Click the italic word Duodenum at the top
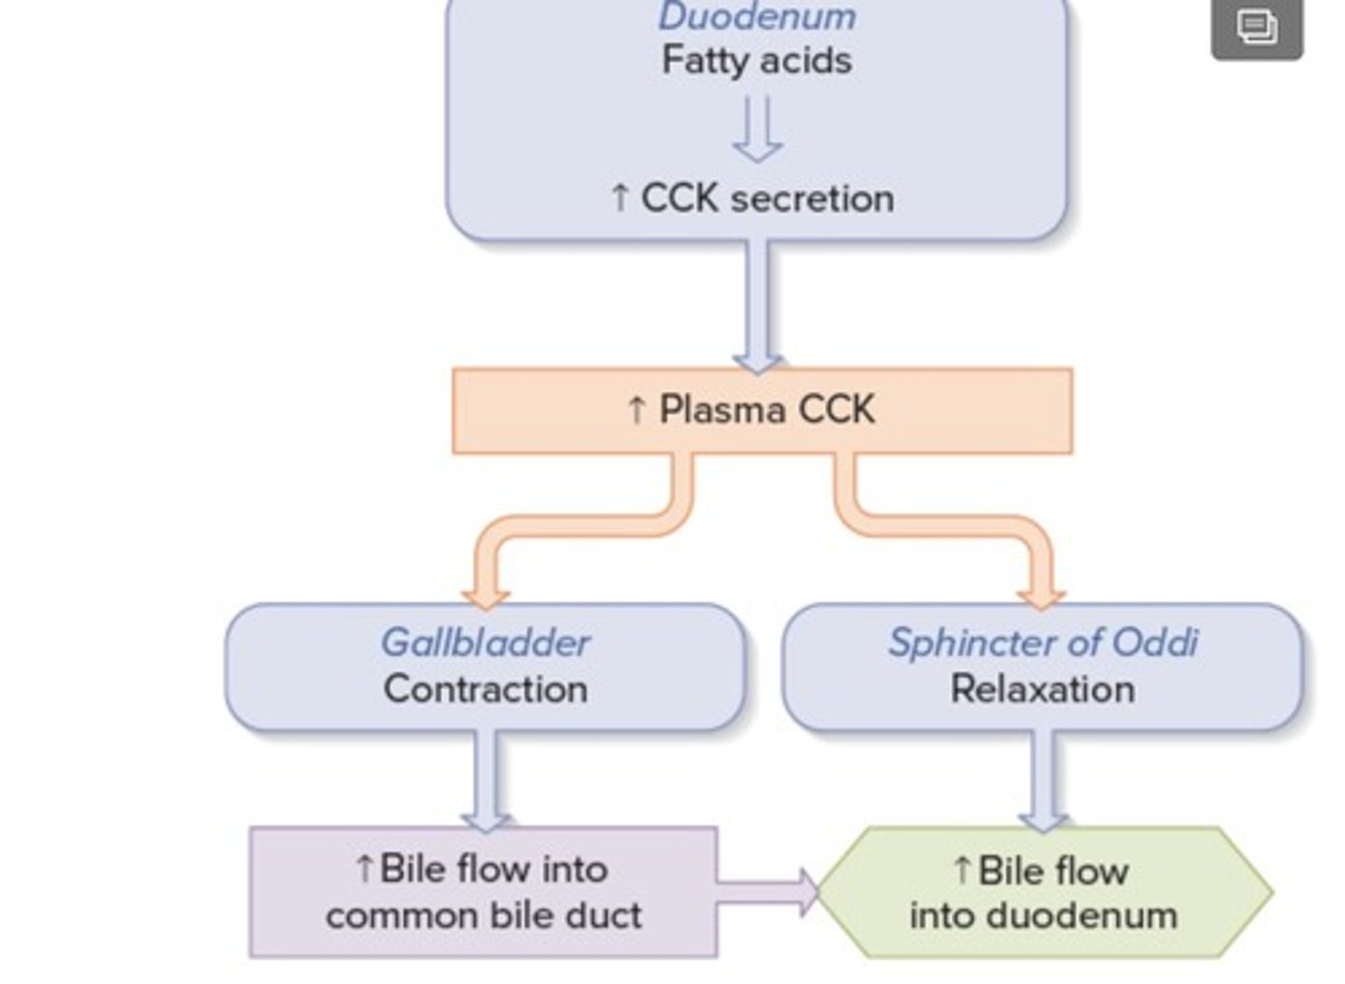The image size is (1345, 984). pyautogui.click(x=757, y=17)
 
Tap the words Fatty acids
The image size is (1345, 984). pyautogui.click(x=757, y=61)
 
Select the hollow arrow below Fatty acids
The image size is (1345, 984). pyautogui.click(x=757, y=131)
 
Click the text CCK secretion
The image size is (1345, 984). pyautogui.click(x=767, y=198)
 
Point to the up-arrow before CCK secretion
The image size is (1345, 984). pyautogui.click(x=619, y=199)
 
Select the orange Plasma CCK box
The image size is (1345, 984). pyautogui.click(x=762, y=411)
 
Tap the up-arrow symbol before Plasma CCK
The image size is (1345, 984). pyautogui.click(x=637, y=411)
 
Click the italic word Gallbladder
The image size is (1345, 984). pyautogui.click(x=485, y=642)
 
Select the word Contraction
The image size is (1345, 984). pyautogui.click(x=485, y=689)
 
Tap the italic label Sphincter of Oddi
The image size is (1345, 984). pyautogui.click(x=1042, y=642)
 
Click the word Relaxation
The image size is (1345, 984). pyautogui.click(x=1042, y=689)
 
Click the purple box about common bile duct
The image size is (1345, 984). pyautogui.click(x=483, y=893)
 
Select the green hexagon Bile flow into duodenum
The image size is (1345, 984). pyautogui.click(x=1043, y=893)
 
